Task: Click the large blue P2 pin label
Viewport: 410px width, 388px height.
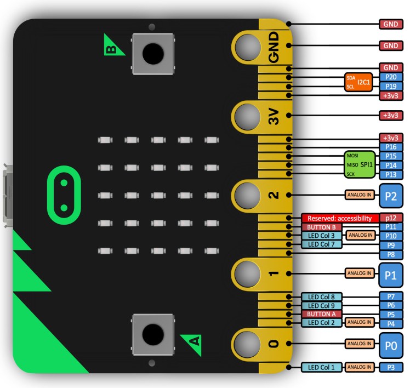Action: point(391,195)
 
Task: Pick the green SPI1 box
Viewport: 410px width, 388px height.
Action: point(360,165)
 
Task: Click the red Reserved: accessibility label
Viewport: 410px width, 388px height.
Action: point(340,218)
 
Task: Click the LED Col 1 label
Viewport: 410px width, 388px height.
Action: point(322,367)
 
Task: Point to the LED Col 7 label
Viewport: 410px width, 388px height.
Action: point(322,244)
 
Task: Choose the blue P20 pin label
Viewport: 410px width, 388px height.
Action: point(391,77)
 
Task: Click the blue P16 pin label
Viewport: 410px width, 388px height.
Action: point(391,147)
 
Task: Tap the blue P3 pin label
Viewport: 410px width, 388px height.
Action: point(391,367)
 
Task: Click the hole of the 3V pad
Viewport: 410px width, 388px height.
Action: point(248,116)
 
